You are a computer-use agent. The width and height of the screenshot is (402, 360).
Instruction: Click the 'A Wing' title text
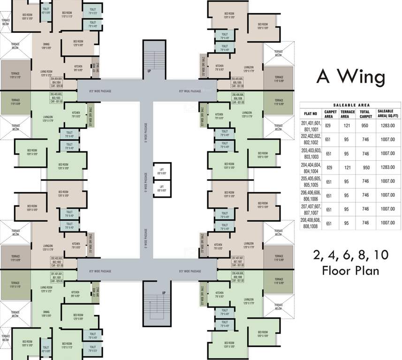pyautogui.click(x=351, y=77)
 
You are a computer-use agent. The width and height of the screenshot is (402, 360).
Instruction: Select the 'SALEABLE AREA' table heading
pyautogui.click(x=351, y=105)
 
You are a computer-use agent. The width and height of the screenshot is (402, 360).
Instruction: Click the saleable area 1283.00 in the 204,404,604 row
pyautogui.click(x=387, y=167)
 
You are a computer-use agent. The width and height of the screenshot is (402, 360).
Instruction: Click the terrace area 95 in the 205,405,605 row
pyautogui.click(x=347, y=181)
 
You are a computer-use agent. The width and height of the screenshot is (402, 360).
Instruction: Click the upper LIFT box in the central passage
pyautogui.click(x=162, y=172)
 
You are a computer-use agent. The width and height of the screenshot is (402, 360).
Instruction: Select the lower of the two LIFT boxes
pyautogui.click(x=162, y=189)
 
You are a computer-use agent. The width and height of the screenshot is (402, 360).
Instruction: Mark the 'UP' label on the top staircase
pyautogui.click(x=149, y=71)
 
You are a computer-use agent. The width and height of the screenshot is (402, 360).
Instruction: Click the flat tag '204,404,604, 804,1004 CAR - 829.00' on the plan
pyautogui.click(x=56, y=82)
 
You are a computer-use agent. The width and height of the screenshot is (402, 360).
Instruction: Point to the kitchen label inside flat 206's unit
pyautogui.click(x=219, y=115)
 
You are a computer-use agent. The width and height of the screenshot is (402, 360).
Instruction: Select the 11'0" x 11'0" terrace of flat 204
pyautogui.click(x=15, y=75)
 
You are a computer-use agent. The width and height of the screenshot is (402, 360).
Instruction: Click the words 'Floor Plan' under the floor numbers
pyautogui.click(x=351, y=270)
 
